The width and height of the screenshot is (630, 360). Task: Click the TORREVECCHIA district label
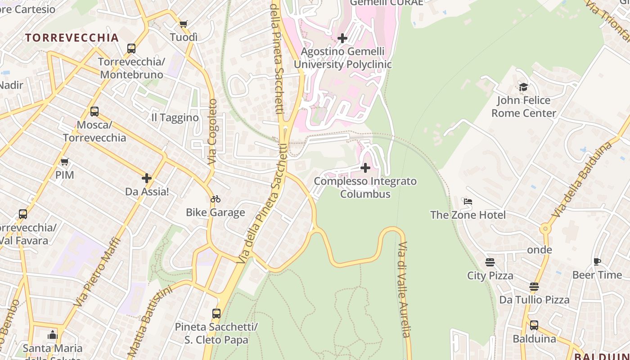pyautogui.click(x=72, y=38)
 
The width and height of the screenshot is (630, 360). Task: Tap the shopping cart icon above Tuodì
pyautogui.click(x=183, y=24)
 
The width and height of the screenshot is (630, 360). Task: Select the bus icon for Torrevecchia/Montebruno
pyautogui.click(x=131, y=49)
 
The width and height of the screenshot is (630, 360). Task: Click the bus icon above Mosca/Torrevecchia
pyautogui.click(x=94, y=112)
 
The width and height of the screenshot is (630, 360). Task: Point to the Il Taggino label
pyautogui.click(x=175, y=118)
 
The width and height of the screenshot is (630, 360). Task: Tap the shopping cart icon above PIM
pyautogui.click(x=64, y=162)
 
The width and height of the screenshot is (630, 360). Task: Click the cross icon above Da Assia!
pyautogui.click(x=147, y=179)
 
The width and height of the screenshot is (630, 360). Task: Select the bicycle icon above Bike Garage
pyautogui.click(x=216, y=199)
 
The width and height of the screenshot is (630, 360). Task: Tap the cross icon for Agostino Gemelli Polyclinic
pyautogui.click(x=342, y=38)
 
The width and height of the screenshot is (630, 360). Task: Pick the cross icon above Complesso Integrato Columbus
pyautogui.click(x=365, y=168)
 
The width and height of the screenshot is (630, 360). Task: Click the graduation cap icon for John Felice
pyautogui.click(x=523, y=87)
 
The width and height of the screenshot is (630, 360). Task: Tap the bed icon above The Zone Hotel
pyautogui.click(x=468, y=202)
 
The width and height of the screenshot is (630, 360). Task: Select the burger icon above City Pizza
pyautogui.click(x=490, y=262)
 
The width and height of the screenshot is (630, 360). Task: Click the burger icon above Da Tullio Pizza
pyautogui.click(x=534, y=287)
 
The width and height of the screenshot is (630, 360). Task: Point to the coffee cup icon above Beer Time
pyautogui.click(x=597, y=261)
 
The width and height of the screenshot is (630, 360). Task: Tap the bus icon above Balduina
pyautogui.click(x=534, y=325)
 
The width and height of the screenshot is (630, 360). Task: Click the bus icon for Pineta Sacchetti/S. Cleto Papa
pyautogui.click(x=216, y=314)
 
